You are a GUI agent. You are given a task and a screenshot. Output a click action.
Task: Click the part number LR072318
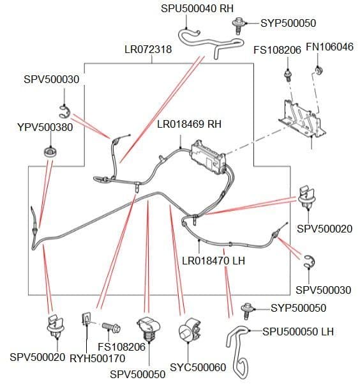click(x=148, y=49)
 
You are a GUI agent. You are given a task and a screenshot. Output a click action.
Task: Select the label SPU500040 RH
click(x=197, y=8)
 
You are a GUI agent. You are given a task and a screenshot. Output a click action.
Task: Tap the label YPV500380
click(x=45, y=127)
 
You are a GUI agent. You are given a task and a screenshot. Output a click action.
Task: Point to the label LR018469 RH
click(x=189, y=124)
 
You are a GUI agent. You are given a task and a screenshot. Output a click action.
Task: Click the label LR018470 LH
click(x=213, y=261)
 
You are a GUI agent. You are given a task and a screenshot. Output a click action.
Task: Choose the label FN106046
click(x=329, y=47)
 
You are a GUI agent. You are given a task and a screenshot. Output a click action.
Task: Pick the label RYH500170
click(x=98, y=358)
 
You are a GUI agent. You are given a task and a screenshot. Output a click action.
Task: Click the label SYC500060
click(x=198, y=367)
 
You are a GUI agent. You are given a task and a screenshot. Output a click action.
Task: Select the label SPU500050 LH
click(x=298, y=332)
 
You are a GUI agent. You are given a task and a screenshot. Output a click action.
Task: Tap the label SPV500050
click(x=138, y=374)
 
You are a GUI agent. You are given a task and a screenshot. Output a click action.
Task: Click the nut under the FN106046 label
click(x=319, y=70)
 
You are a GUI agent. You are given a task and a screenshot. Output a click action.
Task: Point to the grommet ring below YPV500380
click(x=50, y=151)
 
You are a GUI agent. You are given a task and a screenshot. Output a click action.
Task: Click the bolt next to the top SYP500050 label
click(x=239, y=26)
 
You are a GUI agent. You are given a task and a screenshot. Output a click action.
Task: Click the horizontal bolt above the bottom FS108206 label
click(x=111, y=328)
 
